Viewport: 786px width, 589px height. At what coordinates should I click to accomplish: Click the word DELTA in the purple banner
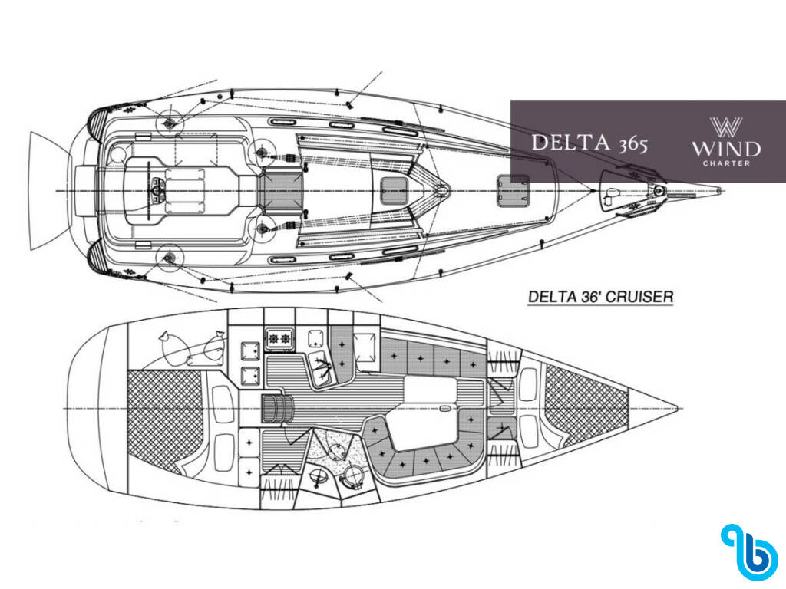click(571, 142)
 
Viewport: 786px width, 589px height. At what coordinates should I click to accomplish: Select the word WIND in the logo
click(726, 149)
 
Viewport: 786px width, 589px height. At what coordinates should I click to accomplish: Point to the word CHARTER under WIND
click(726, 163)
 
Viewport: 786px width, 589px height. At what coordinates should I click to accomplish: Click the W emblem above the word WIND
click(726, 127)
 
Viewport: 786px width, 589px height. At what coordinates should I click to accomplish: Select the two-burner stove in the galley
click(279, 338)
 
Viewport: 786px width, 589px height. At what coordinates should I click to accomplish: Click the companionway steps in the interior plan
click(276, 408)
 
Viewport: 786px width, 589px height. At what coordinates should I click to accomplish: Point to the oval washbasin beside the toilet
click(317, 476)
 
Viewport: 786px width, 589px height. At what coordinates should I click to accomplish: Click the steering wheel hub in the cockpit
click(155, 191)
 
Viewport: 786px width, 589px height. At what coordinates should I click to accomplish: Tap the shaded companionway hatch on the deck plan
click(281, 191)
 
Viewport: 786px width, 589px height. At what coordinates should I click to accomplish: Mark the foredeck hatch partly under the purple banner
click(513, 191)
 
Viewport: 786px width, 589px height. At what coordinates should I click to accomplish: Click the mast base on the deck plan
click(441, 191)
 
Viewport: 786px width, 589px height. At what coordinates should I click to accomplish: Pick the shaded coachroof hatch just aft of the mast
click(394, 191)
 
